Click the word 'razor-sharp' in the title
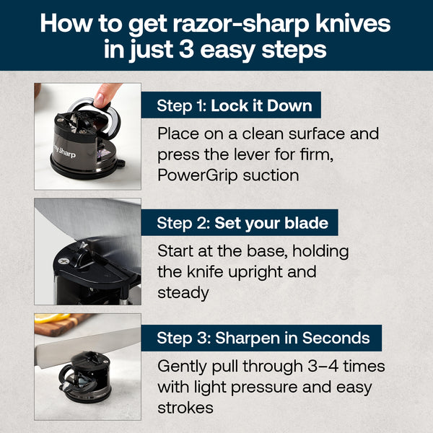tap(230, 23)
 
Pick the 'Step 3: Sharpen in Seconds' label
tap(263, 338)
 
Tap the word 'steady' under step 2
tap(183, 293)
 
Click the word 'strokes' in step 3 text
tap(185, 407)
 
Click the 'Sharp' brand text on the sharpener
tap(64, 152)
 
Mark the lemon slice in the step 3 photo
tap(45, 318)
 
